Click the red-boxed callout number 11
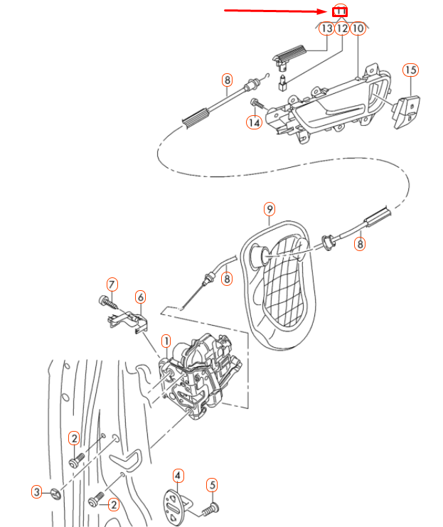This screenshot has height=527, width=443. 341,11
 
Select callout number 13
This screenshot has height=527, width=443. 326,29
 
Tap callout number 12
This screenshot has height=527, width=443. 342,29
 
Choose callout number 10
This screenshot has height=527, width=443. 358,29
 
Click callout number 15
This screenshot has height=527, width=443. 410,70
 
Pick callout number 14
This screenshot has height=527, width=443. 254,122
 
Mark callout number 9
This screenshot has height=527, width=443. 269,209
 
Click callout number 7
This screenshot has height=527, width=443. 112,284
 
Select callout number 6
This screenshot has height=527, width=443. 140,297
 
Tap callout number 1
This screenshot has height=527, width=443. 165,341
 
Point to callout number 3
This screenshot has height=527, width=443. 37,491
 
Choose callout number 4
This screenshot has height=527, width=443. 178,475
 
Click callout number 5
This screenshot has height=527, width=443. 210,486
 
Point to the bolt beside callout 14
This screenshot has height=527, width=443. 257,105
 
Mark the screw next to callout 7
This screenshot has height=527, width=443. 109,302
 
